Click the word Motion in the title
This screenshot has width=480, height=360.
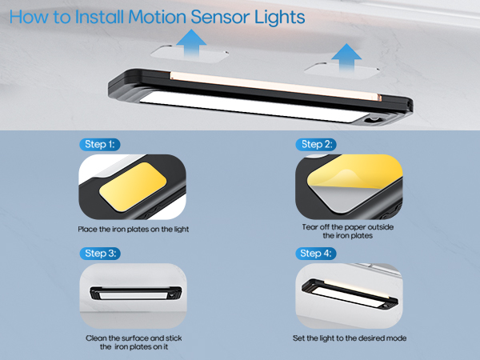click(157, 17)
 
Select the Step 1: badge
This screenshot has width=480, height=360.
click(100, 145)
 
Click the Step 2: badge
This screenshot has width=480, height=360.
click(316, 145)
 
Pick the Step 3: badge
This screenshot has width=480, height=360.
click(100, 254)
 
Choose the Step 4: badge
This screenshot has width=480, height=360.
click(316, 254)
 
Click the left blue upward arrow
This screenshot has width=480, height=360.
click(191, 44)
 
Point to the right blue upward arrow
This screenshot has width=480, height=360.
click(346, 58)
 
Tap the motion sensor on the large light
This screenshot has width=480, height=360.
click(373, 119)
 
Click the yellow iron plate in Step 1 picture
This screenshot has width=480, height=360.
click(133, 186)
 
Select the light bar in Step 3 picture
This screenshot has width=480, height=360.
click(136, 294)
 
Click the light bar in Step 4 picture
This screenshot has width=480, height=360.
click(350, 294)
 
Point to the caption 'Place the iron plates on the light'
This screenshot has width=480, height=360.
click(133, 230)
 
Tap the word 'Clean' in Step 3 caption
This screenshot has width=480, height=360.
click(96, 338)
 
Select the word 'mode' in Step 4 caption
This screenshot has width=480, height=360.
click(397, 338)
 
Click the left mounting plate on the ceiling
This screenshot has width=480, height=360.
click(190, 54)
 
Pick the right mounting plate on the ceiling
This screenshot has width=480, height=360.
click(342, 71)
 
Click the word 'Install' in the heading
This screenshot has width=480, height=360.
click(99, 17)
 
